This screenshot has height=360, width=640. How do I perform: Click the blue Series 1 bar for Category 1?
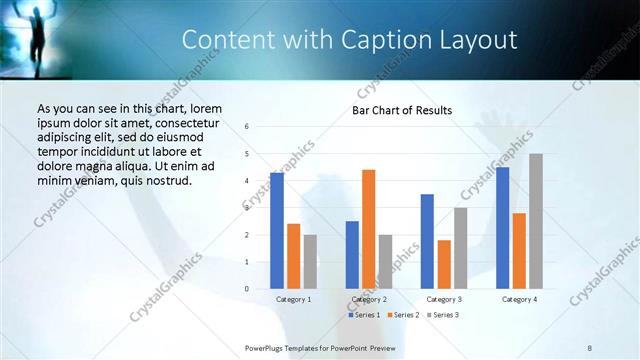[x=277, y=231]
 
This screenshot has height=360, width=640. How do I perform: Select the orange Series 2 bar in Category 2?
[x=368, y=229]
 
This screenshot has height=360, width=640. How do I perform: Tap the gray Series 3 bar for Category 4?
[x=536, y=221]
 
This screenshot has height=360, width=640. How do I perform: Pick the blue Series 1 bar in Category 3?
[x=427, y=241]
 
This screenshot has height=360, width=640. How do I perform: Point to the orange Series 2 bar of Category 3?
[x=444, y=264]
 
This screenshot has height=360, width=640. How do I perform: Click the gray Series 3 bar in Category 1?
[x=310, y=262]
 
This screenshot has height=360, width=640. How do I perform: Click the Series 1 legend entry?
[x=364, y=315]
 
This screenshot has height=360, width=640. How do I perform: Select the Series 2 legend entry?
[x=403, y=315]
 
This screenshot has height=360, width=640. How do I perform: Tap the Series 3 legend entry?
[x=442, y=315]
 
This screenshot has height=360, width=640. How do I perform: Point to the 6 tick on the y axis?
[x=246, y=127]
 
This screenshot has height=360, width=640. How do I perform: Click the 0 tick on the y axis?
[x=246, y=289]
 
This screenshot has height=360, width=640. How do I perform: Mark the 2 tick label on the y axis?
[x=246, y=235]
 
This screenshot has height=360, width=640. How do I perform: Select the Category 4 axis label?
[x=519, y=299]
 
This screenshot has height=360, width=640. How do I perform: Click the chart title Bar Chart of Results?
[x=402, y=110]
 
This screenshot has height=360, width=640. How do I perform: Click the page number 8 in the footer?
[x=590, y=347]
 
